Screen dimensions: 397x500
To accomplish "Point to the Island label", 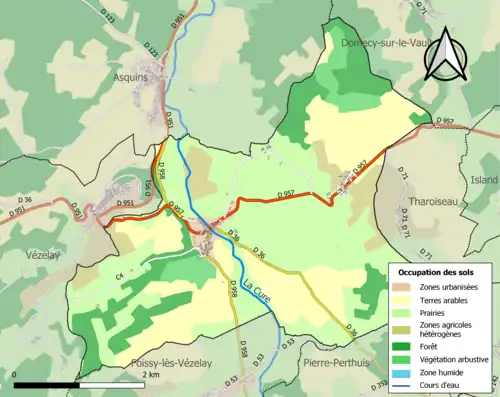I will point(484,180).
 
